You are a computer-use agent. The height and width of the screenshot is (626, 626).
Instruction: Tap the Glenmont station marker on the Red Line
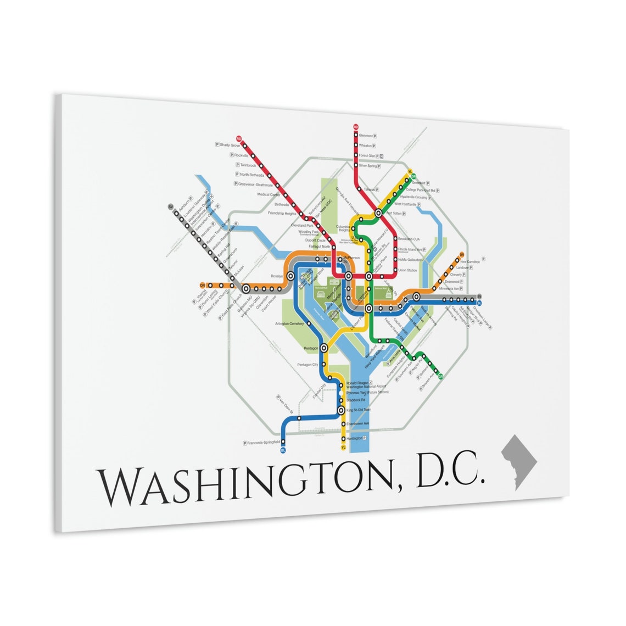click(356, 135)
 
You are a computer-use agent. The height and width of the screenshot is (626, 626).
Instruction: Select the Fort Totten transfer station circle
click(378, 213)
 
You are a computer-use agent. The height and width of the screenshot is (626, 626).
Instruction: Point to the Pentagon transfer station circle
click(325, 347)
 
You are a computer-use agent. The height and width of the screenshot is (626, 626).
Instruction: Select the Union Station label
click(407, 270)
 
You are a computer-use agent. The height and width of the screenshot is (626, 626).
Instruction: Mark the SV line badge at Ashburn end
click(171, 207)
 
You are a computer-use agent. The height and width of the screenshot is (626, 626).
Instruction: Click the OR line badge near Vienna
click(203, 285)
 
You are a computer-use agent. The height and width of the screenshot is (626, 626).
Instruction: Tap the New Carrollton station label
click(471, 262)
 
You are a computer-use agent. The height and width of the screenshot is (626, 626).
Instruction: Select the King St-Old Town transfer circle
click(341, 410)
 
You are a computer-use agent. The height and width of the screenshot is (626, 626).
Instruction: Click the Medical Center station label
click(269, 195)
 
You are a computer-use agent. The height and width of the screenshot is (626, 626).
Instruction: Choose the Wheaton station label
click(365, 146)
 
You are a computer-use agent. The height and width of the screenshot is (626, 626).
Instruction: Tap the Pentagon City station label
click(308, 365)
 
